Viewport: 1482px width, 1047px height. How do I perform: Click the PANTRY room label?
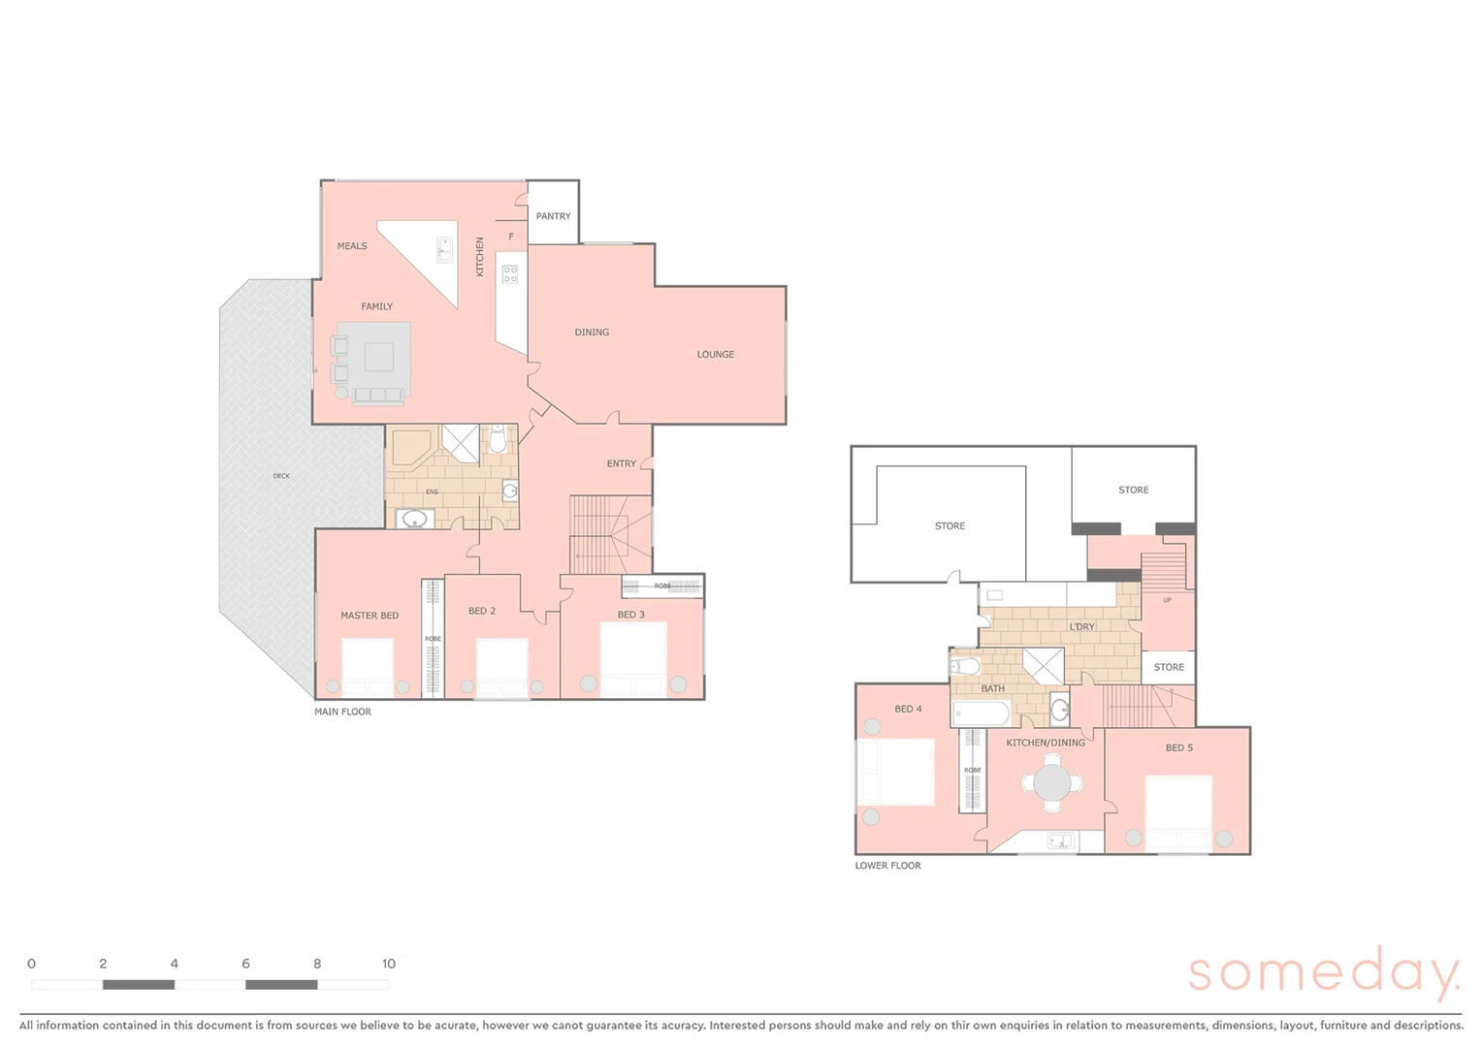(x=553, y=216)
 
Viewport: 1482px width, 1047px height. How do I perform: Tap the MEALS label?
(x=352, y=246)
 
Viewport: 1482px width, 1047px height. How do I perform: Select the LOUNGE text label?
(x=716, y=355)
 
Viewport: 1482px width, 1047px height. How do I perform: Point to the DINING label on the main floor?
(x=592, y=333)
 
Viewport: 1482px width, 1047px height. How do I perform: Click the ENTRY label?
(x=622, y=463)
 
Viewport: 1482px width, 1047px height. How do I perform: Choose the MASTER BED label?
(x=370, y=616)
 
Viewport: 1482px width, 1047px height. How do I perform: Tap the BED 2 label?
(x=482, y=611)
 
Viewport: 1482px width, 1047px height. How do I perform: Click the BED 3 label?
(x=630, y=615)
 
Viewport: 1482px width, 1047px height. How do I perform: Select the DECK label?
(x=281, y=476)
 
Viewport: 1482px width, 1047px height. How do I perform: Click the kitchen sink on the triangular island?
(x=444, y=250)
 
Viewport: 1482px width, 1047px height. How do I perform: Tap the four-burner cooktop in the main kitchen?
(x=510, y=273)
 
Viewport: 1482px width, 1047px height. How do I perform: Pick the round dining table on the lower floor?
(x=1052, y=782)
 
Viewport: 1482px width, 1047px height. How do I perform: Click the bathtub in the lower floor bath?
(x=982, y=715)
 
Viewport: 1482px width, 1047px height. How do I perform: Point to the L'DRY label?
(x=1081, y=627)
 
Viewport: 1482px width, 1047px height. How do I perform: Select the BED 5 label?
(x=1179, y=747)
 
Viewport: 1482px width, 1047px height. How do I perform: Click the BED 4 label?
(x=908, y=709)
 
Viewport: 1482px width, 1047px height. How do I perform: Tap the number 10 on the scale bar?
(x=389, y=964)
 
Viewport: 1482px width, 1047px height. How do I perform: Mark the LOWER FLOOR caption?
(x=887, y=866)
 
